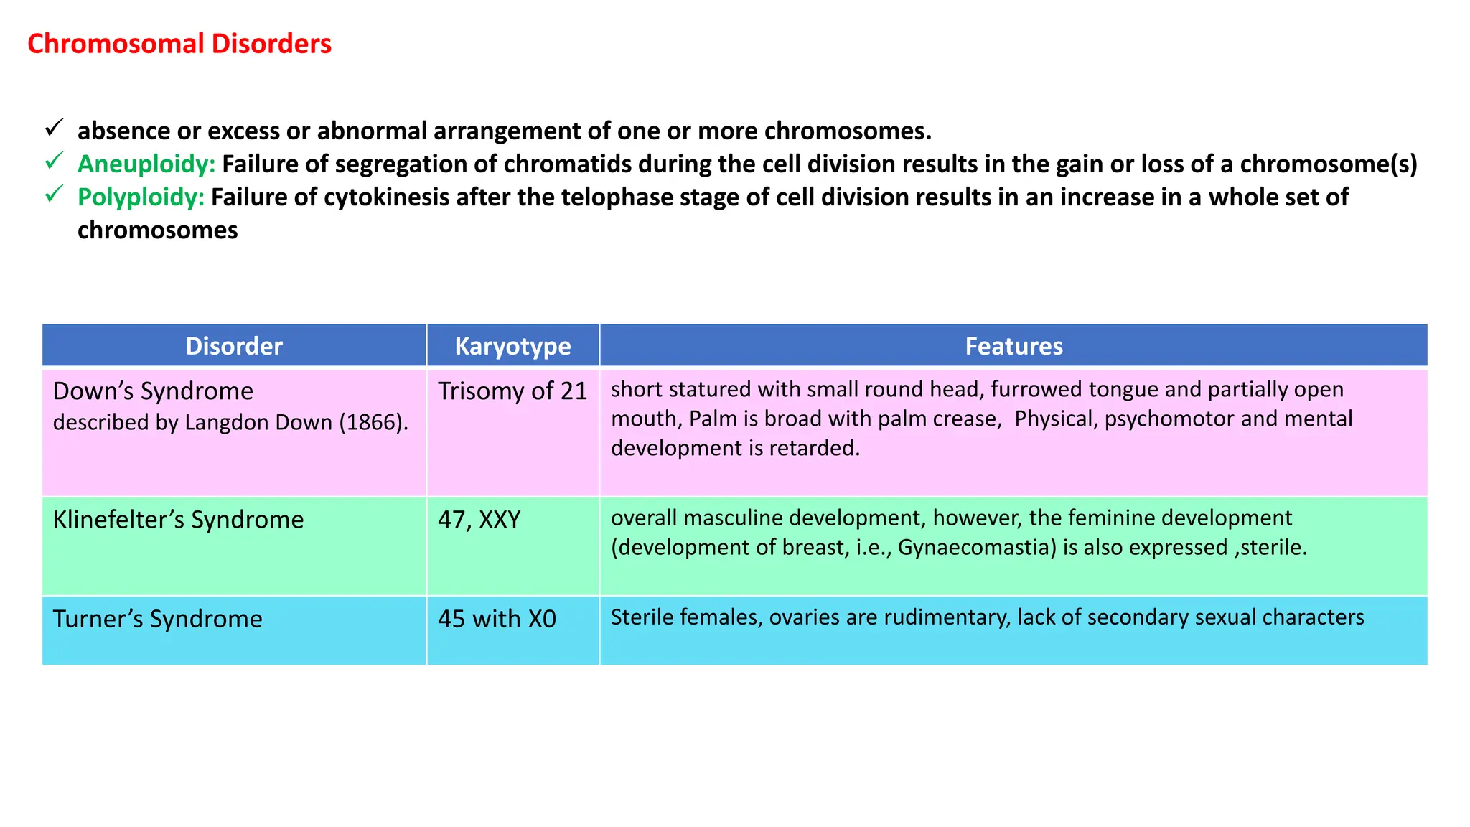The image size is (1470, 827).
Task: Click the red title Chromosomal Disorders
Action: point(179,44)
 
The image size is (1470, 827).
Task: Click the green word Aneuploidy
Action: point(146,164)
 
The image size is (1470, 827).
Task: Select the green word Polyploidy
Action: point(141,197)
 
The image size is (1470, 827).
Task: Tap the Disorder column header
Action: point(234,346)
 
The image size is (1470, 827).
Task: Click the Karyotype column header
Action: point(512,346)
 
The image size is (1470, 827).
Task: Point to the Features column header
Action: point(1013,346)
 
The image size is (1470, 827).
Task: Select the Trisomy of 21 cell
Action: point(512,391)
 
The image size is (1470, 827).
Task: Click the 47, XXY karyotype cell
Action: point(479,520)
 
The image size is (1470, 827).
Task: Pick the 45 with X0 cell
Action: point(497,619)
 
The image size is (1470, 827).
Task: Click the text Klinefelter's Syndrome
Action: point(178,520)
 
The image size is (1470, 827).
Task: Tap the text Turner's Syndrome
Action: point(157,619)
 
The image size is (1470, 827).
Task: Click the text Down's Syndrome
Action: point(153,391)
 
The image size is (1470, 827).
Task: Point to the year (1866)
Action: point(373,422)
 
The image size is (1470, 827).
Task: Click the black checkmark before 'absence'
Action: point(54,129)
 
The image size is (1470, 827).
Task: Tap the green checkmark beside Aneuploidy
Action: point(54,162)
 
